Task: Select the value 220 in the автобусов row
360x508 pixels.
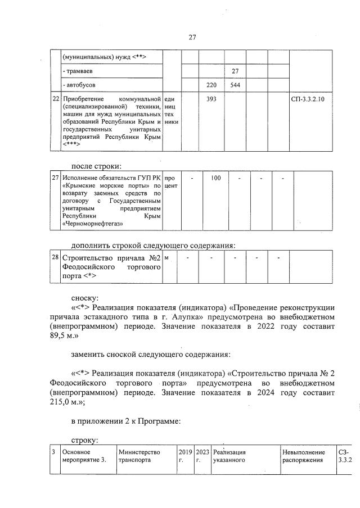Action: [x=211, y=85]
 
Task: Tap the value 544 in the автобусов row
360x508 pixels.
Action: [x=235, y=85]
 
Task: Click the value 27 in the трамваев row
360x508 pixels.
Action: [x=235, y=71]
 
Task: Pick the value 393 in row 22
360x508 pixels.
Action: [x=211, y=99]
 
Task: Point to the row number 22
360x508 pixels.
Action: [x=55, y=99]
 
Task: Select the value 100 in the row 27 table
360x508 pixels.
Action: [x=215, y=178]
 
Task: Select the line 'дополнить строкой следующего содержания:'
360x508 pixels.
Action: [x=152, y=245]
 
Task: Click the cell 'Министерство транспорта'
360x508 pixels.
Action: [x=139, y=456]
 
